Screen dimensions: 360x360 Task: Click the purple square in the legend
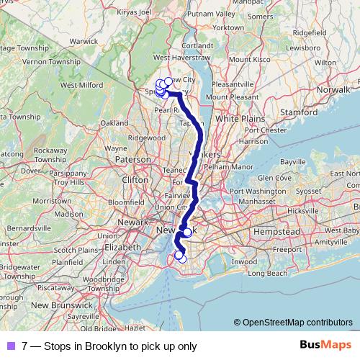[11, 346]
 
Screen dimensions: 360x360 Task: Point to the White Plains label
[237, 117]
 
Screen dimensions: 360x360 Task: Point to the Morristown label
[53, 200]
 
